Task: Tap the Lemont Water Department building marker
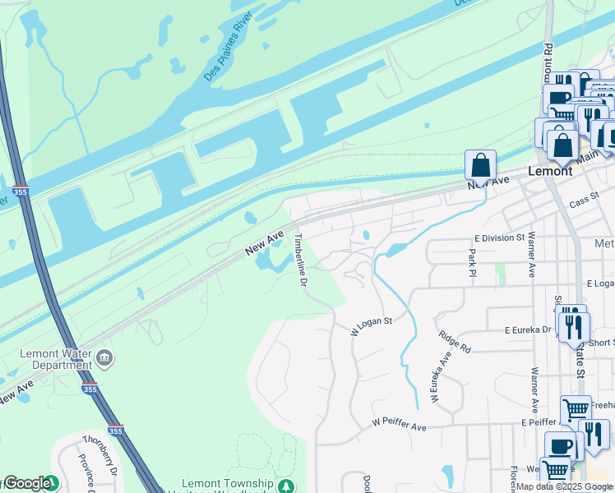click(104, 358)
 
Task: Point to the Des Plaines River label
click(228, 57)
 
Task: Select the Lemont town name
click(549, 171)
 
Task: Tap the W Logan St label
click(372, 326)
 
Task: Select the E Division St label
click(500, 237)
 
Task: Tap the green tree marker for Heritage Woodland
click(285, 486)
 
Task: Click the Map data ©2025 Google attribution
click(564, 486)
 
